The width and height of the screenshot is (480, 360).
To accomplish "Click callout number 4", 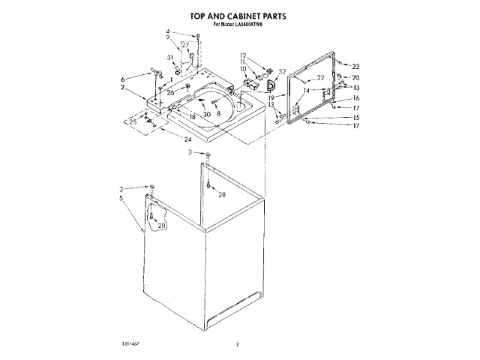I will point(168,31).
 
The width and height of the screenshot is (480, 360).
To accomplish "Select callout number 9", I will point(168,37).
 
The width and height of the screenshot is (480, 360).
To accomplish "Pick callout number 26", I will point(170,92).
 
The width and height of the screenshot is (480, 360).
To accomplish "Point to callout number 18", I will point(192,116).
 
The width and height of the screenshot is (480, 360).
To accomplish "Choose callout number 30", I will point(208,113).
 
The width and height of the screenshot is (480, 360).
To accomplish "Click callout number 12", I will point(243,55).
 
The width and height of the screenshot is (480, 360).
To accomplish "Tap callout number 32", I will point(283,73).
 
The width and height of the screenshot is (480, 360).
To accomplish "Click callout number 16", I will point(356,97).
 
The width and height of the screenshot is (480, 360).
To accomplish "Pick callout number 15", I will point(356,117).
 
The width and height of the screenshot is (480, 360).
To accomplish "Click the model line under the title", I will point(239,25).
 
